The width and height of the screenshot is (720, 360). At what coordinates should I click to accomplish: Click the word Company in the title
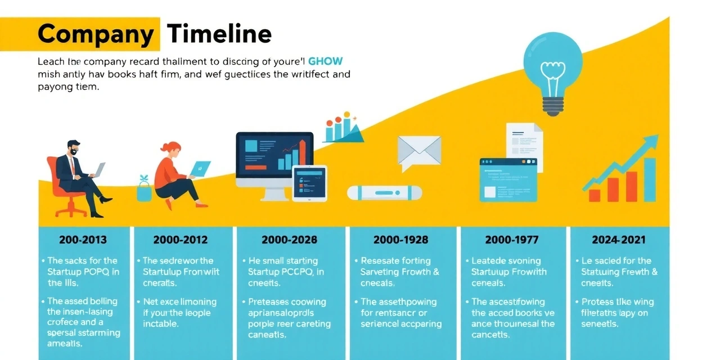pyautogui.click(x=95, y=35)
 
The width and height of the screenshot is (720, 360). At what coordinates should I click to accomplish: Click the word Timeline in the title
pyautogui.click(x=220, y=35)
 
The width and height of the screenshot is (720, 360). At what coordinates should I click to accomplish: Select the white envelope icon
pyautogui.click(x=419, y=151)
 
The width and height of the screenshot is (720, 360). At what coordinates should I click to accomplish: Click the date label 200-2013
pyautogui.click(x=83, y=240)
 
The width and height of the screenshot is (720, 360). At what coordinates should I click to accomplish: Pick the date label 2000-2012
pyautogui.click(x=180, y=240)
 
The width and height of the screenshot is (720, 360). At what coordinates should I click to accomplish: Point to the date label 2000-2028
pyautogui.click(x=289, y=240)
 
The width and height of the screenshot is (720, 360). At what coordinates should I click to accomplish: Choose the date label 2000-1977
pyautogui.click(x=511, y=240)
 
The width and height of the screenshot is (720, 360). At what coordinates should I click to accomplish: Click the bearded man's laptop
pyautogui.click(x=97, y=169)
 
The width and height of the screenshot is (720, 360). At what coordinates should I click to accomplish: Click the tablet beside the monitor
pyautogui.click(x=309, y=183)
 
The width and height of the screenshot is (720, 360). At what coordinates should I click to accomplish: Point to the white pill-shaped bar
pyautogui.click(x=385, y=192)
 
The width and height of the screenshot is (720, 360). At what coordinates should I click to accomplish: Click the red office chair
pyautogui.click(x=66, y=188)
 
